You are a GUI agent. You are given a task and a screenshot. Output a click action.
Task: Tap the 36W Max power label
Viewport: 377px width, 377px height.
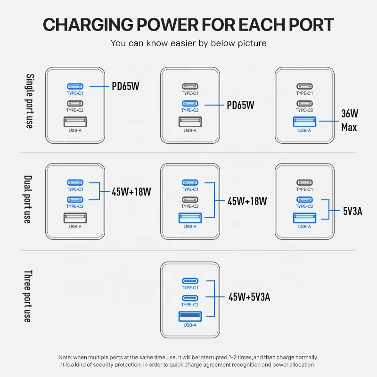point(350,120)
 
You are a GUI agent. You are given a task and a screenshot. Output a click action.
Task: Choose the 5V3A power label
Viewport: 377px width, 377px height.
point(353,211)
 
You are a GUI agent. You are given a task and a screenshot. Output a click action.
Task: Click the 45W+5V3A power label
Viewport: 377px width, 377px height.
point(249,297)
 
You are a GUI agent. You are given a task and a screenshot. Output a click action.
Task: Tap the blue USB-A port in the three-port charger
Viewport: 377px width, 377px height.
point(190,316)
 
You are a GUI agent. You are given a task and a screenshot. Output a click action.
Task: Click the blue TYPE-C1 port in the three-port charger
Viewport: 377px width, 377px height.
point(190,281)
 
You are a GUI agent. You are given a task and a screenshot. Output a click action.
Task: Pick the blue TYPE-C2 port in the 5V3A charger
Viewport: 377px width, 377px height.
point(304,199)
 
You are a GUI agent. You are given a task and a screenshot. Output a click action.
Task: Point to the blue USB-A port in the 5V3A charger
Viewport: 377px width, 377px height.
point(304,218)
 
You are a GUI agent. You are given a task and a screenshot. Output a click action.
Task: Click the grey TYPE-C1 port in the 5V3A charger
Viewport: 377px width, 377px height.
point(304,182)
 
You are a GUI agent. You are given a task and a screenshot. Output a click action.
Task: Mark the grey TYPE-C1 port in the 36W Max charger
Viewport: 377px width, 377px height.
point(304,86)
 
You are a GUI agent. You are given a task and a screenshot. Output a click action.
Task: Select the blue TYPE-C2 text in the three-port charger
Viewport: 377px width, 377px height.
point(190,305)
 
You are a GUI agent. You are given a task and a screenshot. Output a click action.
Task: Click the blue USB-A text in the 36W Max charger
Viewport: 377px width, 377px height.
point(304,131)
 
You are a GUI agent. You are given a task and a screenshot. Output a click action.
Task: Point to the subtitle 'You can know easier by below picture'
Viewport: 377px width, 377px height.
point(188,43)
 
